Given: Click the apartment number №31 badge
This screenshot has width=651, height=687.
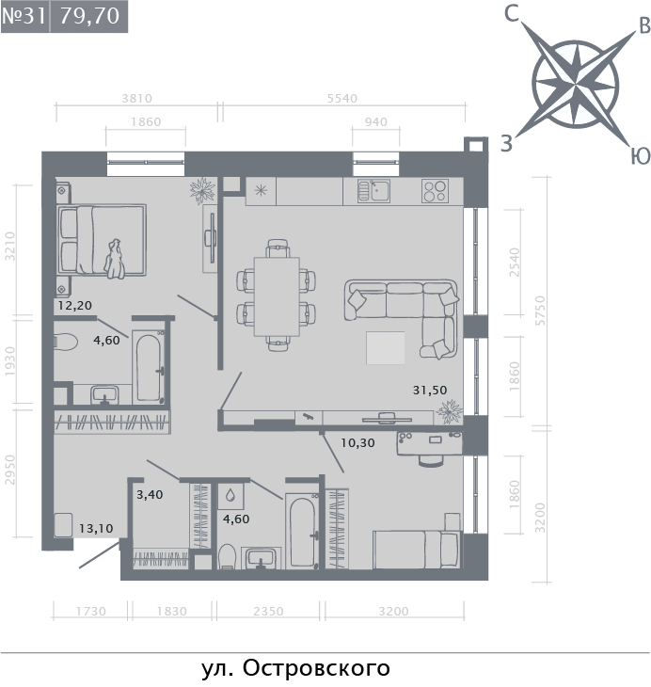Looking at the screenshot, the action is click(24, 16).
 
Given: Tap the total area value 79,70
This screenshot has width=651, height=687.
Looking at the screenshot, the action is click(89, 16).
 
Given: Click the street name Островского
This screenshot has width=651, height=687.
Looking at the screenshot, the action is click(316, 668).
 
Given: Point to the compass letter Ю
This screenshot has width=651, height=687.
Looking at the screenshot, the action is click(640, 155).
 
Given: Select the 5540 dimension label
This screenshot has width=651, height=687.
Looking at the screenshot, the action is click(342, 98).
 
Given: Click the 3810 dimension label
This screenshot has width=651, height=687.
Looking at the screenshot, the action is click(136, 98).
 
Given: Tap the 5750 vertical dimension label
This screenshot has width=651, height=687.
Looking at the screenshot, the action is click(541, 311).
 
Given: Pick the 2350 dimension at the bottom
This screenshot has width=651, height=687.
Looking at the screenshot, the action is click(268, 611).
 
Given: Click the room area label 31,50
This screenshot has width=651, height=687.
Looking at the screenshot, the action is click(430, 390).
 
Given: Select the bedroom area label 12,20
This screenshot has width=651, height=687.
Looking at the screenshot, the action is click(75, 305).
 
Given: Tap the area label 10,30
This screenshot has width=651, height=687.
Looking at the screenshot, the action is click(357, 442).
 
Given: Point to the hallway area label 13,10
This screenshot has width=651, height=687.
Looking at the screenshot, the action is click(96, 528).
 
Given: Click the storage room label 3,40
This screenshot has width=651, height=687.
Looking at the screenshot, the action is click(150, 495).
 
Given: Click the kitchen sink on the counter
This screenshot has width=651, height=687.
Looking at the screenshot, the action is click(373, 191).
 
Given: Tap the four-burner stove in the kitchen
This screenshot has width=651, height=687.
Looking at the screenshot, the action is click(435, 191).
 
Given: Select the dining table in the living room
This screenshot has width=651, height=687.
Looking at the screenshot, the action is click(277, 296).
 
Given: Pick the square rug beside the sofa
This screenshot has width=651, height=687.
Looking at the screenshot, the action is click(386, 348).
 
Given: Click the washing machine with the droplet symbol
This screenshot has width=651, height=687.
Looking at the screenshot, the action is click(230, 496).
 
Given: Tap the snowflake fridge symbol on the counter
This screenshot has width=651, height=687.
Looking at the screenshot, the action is click(261, 191).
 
